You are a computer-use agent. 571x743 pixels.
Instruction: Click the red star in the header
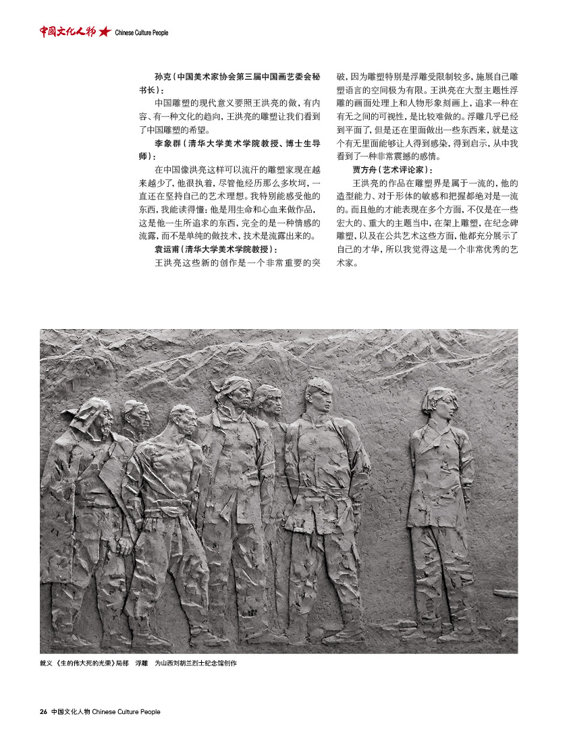coord(105,32)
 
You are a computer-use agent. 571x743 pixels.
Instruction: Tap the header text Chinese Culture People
coord(142,32)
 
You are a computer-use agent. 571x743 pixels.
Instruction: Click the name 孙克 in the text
coord(162,78)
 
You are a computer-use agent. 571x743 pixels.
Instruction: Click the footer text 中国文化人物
coord(70,711)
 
